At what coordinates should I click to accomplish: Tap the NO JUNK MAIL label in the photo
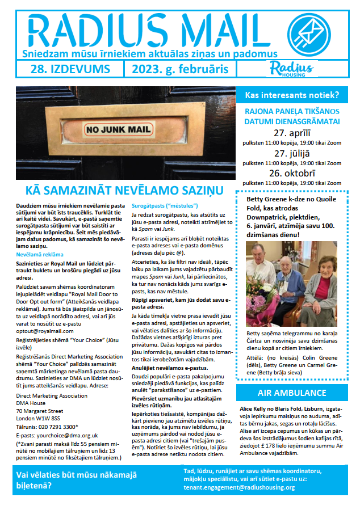(118, 129)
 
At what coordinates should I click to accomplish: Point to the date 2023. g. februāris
(180, 69)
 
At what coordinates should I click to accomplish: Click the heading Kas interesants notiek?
(291, 95)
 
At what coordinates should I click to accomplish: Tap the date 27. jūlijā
(291, 153)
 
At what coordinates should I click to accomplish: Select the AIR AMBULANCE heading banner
(291, 393)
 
